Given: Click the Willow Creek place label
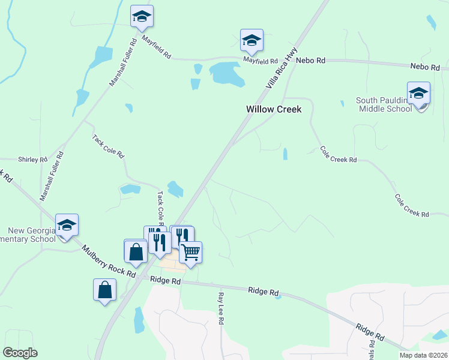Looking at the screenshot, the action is click(x=273, y=110).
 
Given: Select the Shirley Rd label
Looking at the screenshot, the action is click(x=34, y=160).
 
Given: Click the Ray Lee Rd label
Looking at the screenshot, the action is click(x=220, y=309).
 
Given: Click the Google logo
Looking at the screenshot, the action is click(x=20, y=353).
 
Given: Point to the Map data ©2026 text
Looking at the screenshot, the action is click(x=423, y=355).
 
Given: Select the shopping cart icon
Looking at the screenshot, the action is click(x=190, y=252).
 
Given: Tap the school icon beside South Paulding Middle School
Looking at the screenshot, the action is click(x=418, y=94).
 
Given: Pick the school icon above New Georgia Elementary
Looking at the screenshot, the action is click(x=67, y=225).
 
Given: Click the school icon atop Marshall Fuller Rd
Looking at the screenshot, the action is click(x=142, y=16).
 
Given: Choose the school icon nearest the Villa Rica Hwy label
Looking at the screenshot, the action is click(x=252, y=40).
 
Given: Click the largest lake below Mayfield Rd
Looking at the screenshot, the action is click(x=226, y=73).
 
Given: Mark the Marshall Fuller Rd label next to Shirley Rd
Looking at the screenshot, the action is click(x=52, y=176).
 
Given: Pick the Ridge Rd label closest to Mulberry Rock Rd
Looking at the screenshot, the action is click(x=166, y=280).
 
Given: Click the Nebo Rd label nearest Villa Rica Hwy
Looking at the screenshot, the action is click(x=313, y=61).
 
